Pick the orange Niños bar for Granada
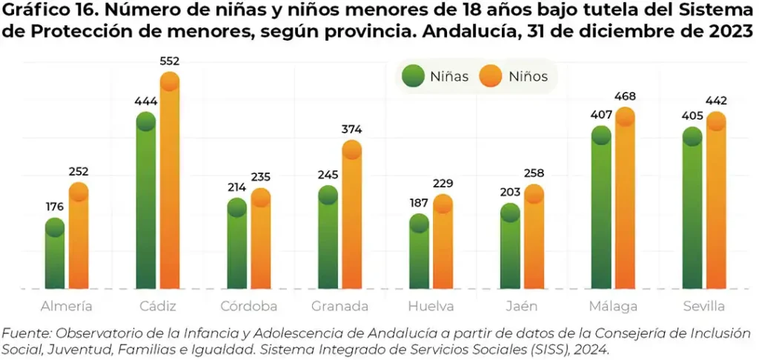coord(351,219)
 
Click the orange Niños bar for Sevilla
coord(716,204)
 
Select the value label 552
coord(170,61)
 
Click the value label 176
coord(55,207)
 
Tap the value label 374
coord(351,130)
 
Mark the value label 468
coord(625,96)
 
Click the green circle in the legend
coord(413,76)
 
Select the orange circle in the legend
coord(491,76)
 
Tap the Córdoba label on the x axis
coord(249,307)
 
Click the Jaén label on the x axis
coord(522,307)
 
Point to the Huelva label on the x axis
coord(431,307)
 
